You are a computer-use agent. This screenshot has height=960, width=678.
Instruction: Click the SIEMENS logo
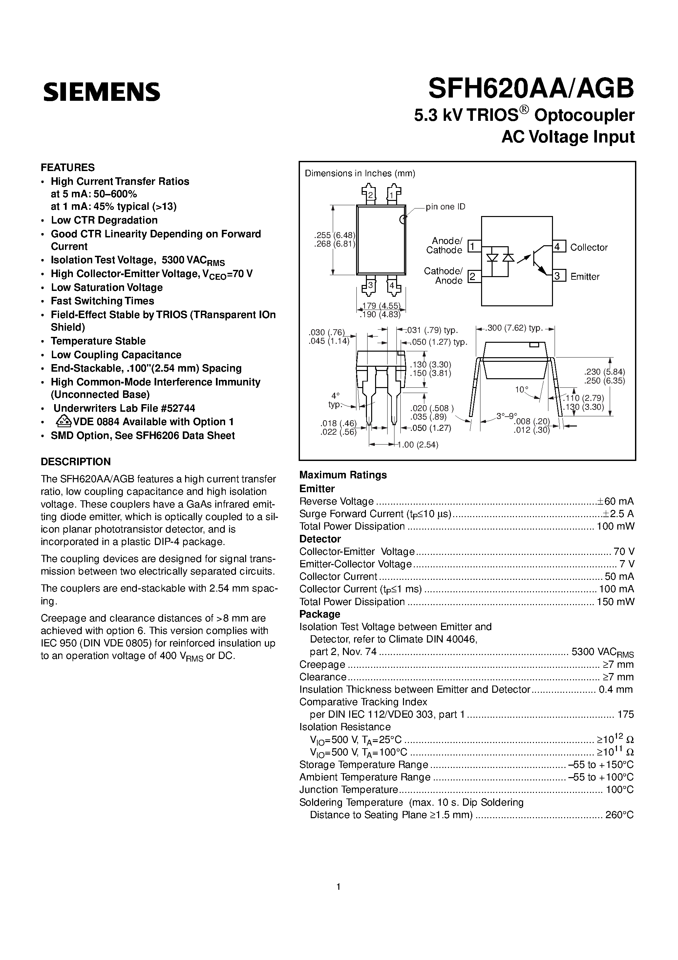point(102,91)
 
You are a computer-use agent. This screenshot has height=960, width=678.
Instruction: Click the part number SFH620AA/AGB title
point(531,89)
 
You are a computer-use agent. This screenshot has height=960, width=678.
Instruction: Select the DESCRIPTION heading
point(76,462)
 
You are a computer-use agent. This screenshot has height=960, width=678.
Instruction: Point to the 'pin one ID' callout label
point(445,207)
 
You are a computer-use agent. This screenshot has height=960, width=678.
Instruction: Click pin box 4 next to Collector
point(559,246)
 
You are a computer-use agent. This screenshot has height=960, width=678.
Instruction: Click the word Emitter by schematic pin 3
point(584,277)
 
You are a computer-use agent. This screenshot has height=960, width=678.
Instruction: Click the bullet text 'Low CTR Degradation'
point(104,220)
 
